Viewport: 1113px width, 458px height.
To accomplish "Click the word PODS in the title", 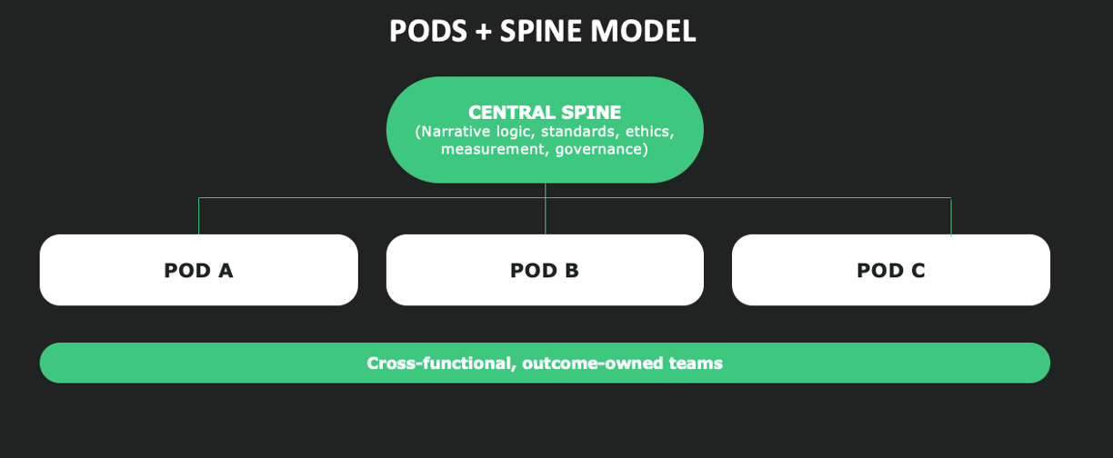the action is (427, 31).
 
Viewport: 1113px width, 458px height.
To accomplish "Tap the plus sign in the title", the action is (484, 32).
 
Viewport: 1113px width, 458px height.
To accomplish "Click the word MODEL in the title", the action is (643, 31).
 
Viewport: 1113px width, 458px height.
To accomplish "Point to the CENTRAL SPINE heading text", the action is (545, 113).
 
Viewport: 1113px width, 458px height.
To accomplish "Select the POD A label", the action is (198, 271).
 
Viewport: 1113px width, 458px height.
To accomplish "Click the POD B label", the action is (545, 271).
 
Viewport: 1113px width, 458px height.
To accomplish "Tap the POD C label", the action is (891, 271).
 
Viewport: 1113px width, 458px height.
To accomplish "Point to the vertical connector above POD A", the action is (199, 216).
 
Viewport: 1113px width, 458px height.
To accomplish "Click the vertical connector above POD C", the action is (951, 216).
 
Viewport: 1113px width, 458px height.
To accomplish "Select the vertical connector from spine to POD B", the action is (545, 209).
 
